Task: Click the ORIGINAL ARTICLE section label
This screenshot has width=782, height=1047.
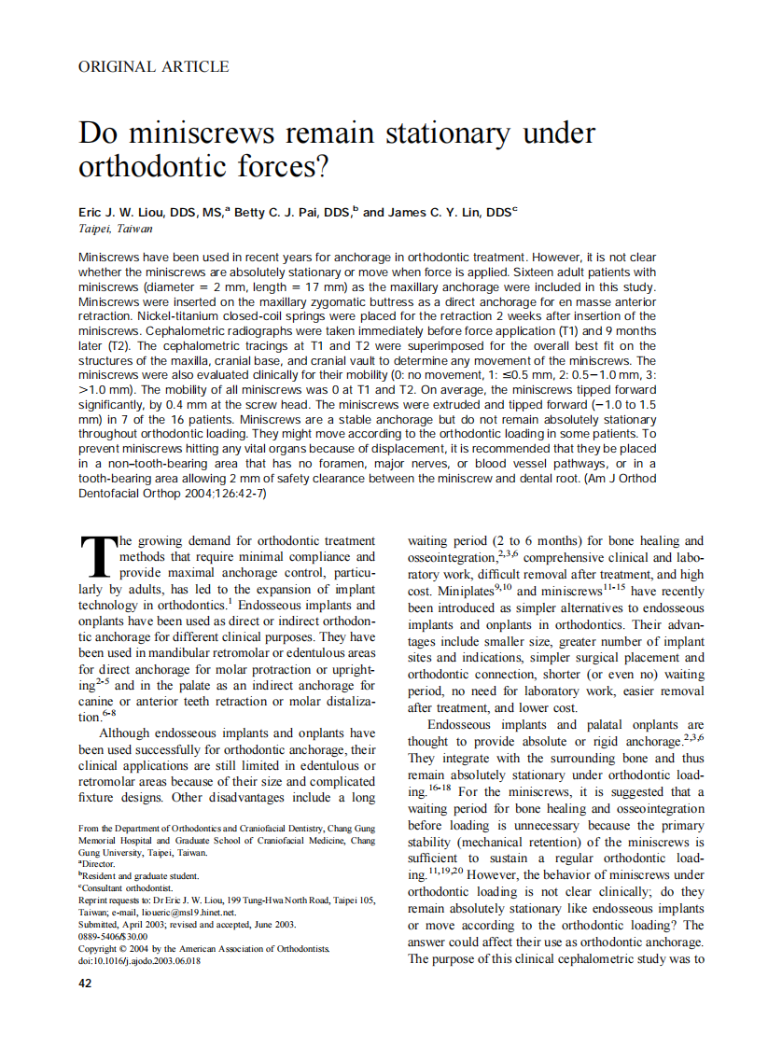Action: (x=153, y=66)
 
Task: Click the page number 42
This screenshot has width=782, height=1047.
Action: (x=86, y=984)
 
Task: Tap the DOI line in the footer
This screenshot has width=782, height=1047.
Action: (x=139, y=960)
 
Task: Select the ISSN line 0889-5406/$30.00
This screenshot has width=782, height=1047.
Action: (x=113, y=936)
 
